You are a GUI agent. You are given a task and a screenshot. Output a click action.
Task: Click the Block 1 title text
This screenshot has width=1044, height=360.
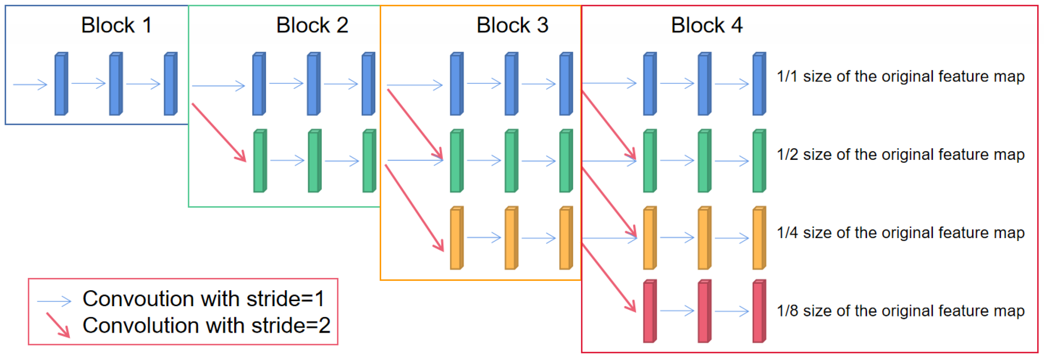click(116, 25)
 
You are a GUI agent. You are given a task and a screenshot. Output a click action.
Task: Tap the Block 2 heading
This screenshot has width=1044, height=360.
click(312, 25)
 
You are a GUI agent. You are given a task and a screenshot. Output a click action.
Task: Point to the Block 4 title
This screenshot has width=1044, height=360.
click(707, 25)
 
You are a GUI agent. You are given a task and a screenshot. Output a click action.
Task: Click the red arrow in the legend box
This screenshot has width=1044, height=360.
click(58, 325)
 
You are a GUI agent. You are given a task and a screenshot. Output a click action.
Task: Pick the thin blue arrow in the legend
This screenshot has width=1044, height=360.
click(54, 301)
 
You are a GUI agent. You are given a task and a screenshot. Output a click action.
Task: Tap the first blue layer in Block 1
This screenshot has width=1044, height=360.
click(61, 84)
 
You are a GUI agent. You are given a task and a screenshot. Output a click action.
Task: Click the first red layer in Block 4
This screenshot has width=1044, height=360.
click(649, 311)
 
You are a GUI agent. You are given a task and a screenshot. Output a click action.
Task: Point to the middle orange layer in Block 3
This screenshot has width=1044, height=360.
click(510, 238)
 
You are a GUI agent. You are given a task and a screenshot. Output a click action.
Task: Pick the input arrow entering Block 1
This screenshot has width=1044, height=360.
click(30, 85)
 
